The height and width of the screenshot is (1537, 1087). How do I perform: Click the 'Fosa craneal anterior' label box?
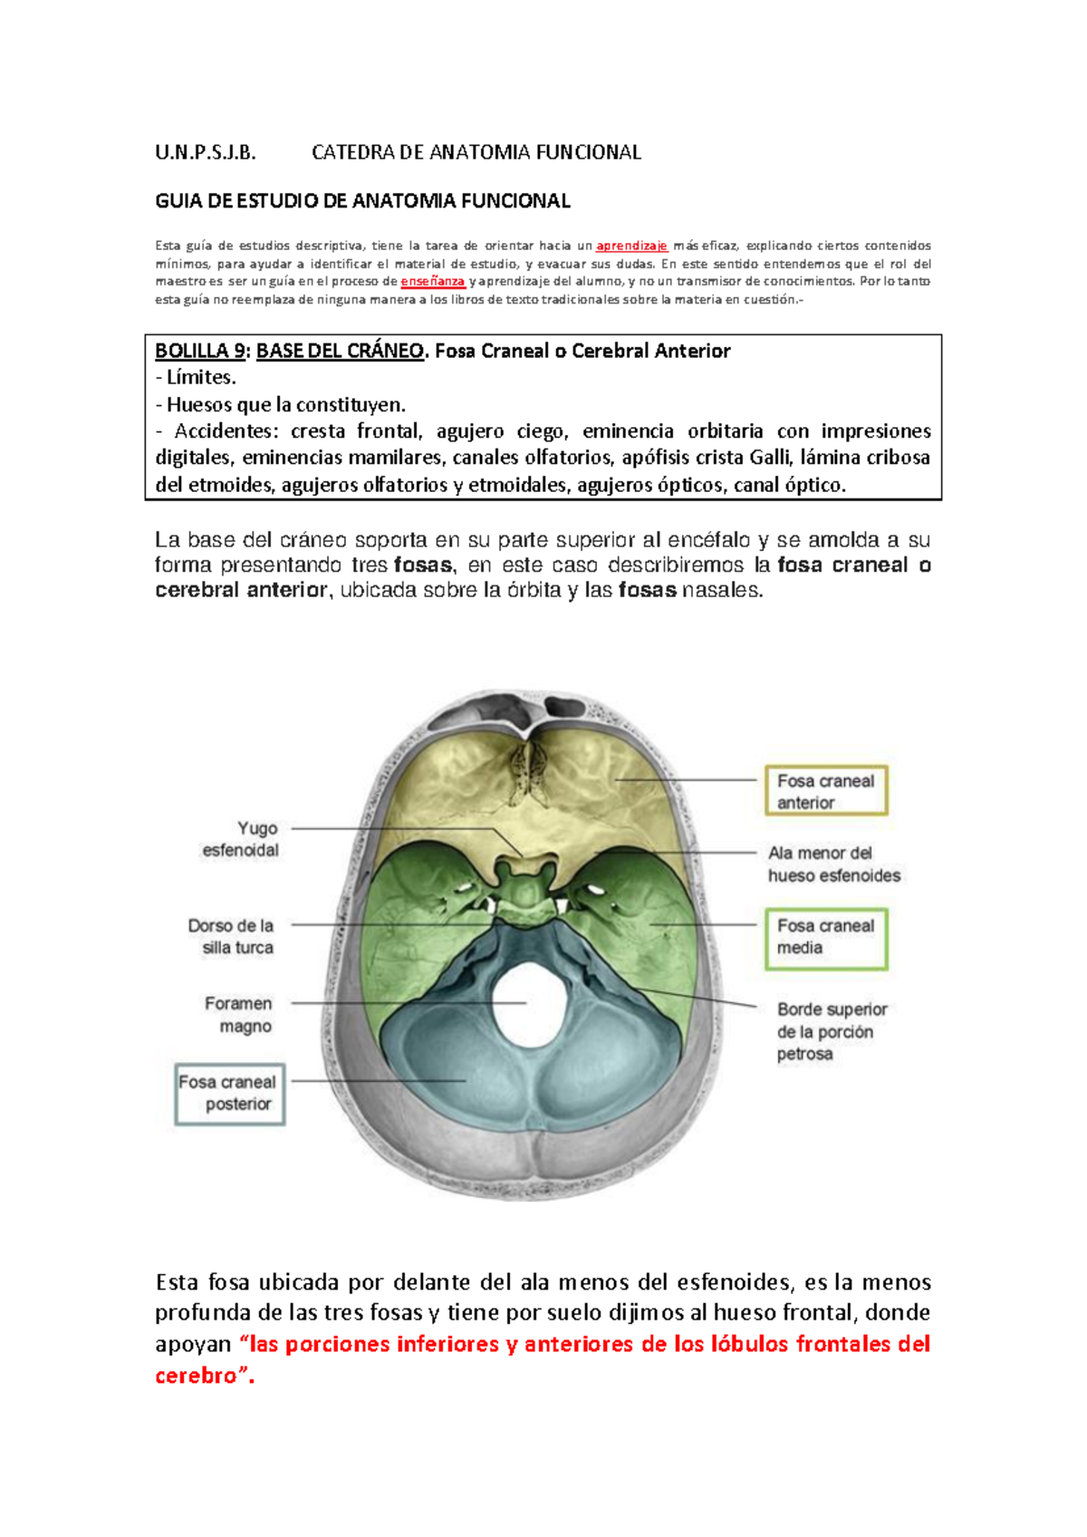825,790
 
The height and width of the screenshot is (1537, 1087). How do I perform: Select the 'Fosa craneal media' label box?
825,937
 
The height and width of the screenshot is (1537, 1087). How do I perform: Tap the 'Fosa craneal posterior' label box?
229,1093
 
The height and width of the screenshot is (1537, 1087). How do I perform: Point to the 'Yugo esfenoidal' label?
240,839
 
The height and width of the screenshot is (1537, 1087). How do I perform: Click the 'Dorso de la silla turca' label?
231,936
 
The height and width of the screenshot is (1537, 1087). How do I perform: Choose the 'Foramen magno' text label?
238,1015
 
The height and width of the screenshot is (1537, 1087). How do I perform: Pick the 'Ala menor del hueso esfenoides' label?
833,864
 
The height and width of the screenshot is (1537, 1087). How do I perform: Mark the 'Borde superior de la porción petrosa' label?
831,1031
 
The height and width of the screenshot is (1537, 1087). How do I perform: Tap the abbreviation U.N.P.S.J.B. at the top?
206,152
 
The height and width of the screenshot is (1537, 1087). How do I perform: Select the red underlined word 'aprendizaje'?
631,246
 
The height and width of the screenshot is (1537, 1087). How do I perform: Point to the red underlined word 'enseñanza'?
433,281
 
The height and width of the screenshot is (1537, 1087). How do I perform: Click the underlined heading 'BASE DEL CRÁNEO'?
340,351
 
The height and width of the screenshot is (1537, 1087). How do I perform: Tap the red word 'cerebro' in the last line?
196,1375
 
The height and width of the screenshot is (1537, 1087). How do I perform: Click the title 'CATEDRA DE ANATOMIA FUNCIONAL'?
476,152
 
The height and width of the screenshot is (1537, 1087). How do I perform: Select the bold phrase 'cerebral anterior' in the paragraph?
241,590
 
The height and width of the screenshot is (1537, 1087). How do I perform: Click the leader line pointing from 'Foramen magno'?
408,1003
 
